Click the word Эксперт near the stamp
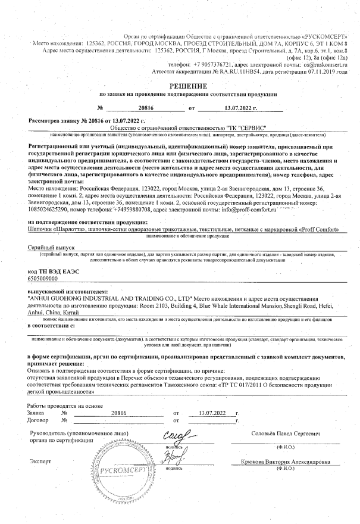click(40, 461)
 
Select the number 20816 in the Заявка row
click(120, 412)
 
